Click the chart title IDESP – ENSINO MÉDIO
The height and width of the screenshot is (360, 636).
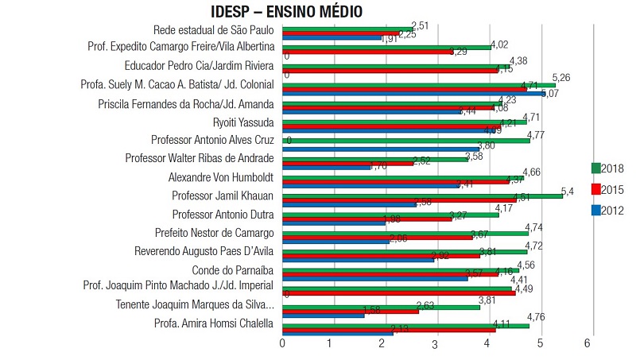pos(287,12)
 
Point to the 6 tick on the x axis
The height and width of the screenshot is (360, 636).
pos(587,343)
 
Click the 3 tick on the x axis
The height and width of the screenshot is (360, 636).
pos(435,345)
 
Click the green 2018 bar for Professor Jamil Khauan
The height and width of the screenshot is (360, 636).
pos(421,195)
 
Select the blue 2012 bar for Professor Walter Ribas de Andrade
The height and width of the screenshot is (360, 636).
pos(326,167)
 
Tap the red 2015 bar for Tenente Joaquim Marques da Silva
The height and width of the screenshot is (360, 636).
pos(350,311)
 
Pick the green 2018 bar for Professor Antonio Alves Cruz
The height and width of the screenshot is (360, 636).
pos(405,140)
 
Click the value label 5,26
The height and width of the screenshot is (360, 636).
pos(562,78)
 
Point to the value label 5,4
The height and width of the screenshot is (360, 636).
pos(568,192)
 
